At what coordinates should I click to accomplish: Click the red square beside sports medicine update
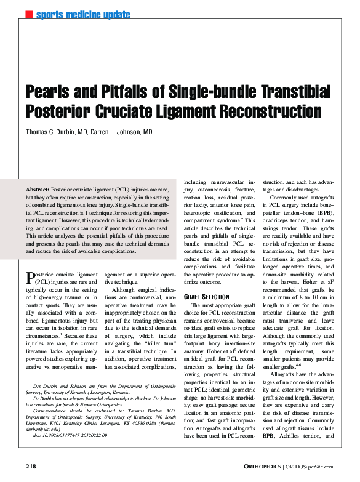coord(29,14)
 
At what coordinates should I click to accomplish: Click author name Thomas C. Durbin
coord(55,132)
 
